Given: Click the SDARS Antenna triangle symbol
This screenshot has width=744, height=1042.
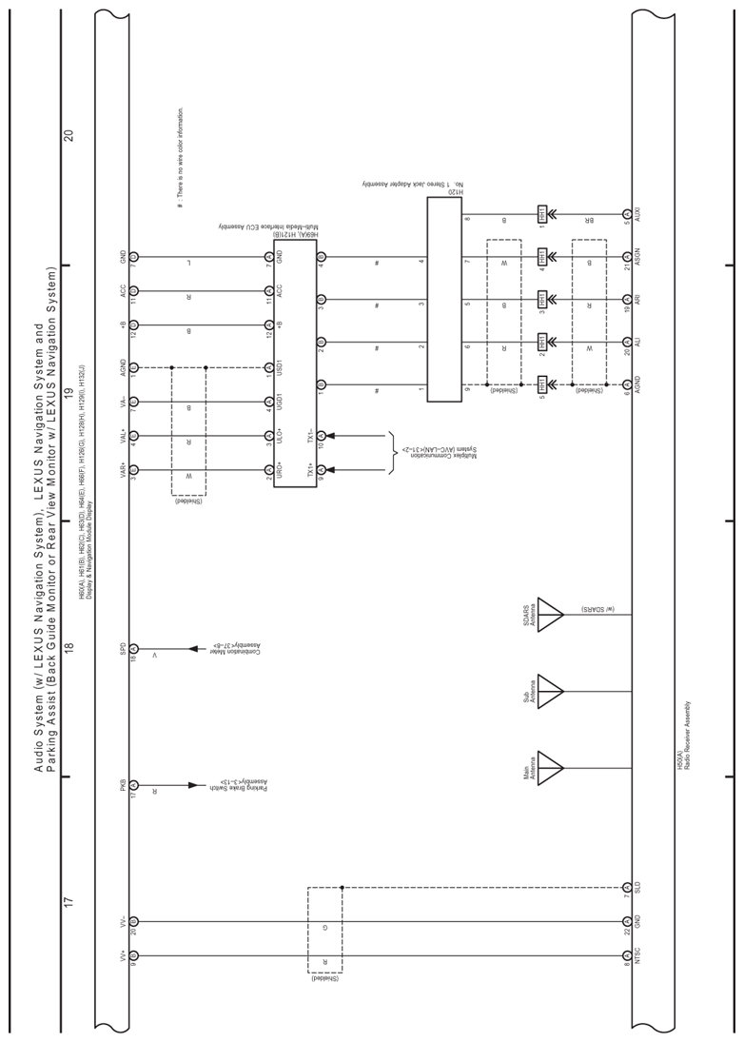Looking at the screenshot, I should coord(549,615).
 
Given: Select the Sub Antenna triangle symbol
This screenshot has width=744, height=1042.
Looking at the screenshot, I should coord(549,691).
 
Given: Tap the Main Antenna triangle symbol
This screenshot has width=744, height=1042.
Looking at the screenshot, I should coord(549,767).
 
